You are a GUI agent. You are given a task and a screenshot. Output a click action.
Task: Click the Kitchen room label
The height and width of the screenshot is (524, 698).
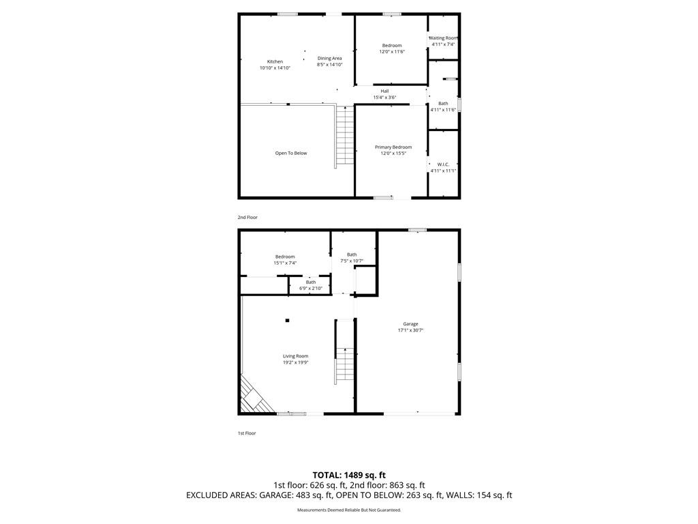[x=275, y=61]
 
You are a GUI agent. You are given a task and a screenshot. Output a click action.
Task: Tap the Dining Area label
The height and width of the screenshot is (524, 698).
[x=330, y=59]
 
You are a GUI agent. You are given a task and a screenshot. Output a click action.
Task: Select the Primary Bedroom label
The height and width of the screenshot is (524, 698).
[x=393, y=147]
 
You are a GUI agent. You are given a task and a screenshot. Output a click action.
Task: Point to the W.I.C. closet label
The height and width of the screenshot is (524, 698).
[x=443, y=164]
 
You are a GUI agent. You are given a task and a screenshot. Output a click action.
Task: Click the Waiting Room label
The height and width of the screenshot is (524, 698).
[x=443, y=38]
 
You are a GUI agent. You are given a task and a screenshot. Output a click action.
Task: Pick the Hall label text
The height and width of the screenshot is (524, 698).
[x=384, y=91]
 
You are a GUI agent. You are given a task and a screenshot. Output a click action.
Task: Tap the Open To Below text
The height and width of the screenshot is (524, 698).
[x=291, y=154]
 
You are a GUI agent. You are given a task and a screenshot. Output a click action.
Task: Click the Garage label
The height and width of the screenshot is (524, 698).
[x=411, y=324]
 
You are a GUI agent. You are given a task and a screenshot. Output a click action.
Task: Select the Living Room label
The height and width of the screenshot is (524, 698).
[x=296, y=356]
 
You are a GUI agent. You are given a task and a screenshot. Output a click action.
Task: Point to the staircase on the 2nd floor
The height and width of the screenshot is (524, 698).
[x=345, y=135]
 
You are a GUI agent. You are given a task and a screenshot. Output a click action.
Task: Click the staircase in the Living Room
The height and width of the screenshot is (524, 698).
[x=344, y=366]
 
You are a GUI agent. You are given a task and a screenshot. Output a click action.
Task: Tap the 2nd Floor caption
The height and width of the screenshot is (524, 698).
[x=247, y=218]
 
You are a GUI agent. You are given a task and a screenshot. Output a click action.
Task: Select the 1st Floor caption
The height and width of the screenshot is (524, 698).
[x=247, y=433]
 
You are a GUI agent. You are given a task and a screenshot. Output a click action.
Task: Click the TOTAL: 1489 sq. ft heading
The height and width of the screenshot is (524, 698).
[x=349, y=475]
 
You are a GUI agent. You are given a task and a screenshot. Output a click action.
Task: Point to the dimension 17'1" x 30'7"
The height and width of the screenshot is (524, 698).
[x=411, y=330]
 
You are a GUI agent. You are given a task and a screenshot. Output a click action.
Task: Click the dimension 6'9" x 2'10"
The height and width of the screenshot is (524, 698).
[x=311, y=289]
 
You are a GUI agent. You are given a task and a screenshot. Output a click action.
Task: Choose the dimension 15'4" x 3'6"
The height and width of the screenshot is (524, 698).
[x=384, y=98]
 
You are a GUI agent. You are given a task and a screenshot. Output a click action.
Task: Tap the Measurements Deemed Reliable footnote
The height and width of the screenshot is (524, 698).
[x=349, y=510]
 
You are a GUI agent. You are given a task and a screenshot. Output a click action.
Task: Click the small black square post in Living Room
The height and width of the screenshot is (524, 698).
[x=288, y=321]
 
